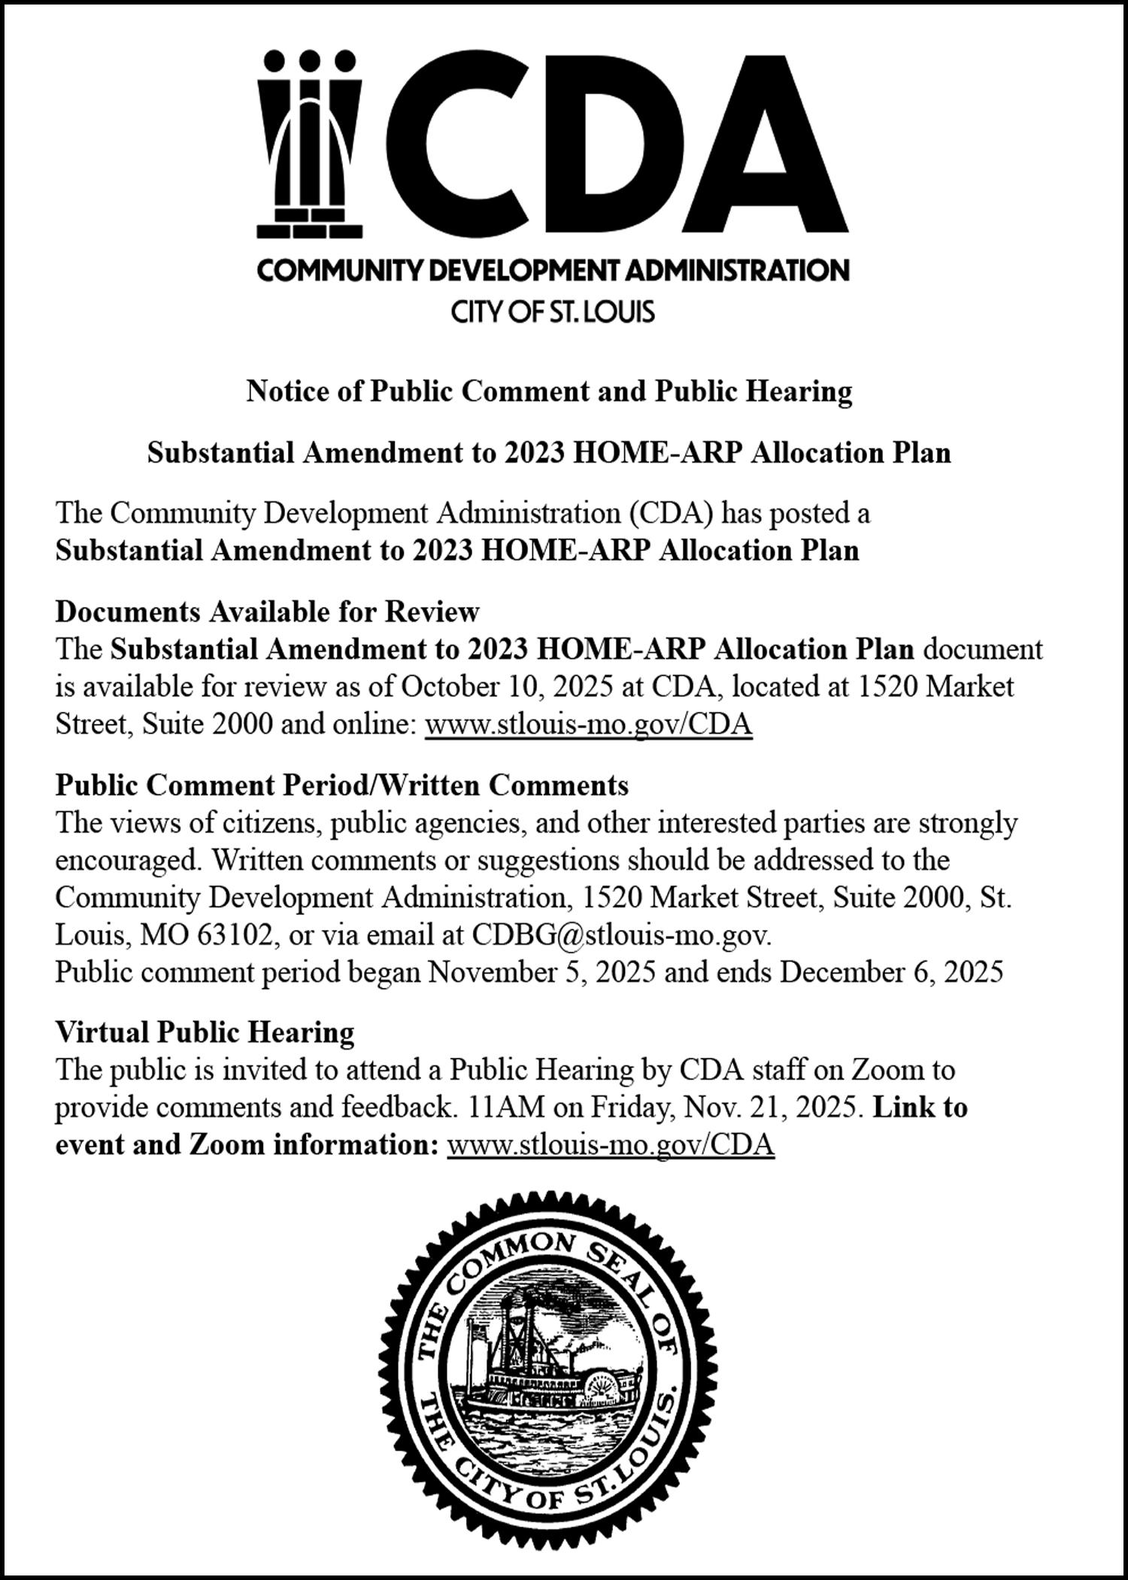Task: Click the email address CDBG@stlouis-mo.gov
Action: point(621,935)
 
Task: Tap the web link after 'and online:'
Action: point(589,725)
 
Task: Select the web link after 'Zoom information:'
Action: point(611,1145)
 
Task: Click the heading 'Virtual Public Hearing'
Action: point(205,1032)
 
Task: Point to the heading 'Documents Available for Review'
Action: point(267,612)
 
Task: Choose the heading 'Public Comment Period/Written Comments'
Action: point(342,785)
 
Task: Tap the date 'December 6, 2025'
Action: point(891,973)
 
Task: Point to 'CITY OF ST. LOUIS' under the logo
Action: point(553,311)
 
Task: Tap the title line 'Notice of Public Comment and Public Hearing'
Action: point(549,392)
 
